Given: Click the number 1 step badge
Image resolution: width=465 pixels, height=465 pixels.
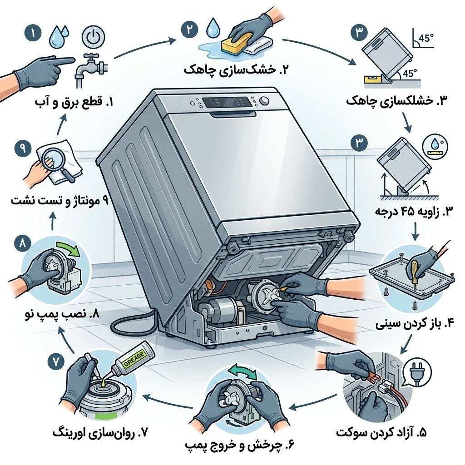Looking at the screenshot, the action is (x=32, y=33).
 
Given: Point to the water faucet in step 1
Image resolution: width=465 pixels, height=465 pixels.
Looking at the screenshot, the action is (x=90, y=69).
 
